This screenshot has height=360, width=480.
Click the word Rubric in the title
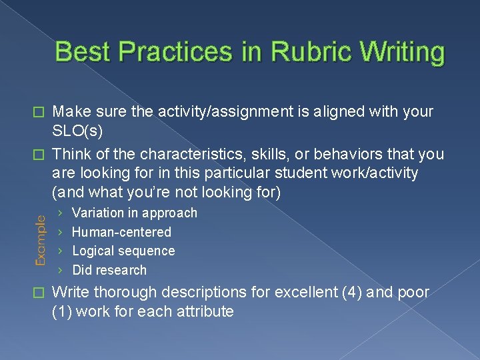298,52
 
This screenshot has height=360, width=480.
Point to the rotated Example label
41,241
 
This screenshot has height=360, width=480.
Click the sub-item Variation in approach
135,213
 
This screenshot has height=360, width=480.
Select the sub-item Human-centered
121,232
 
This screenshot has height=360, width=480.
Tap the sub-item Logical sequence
123,251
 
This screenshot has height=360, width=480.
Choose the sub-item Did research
109,270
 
